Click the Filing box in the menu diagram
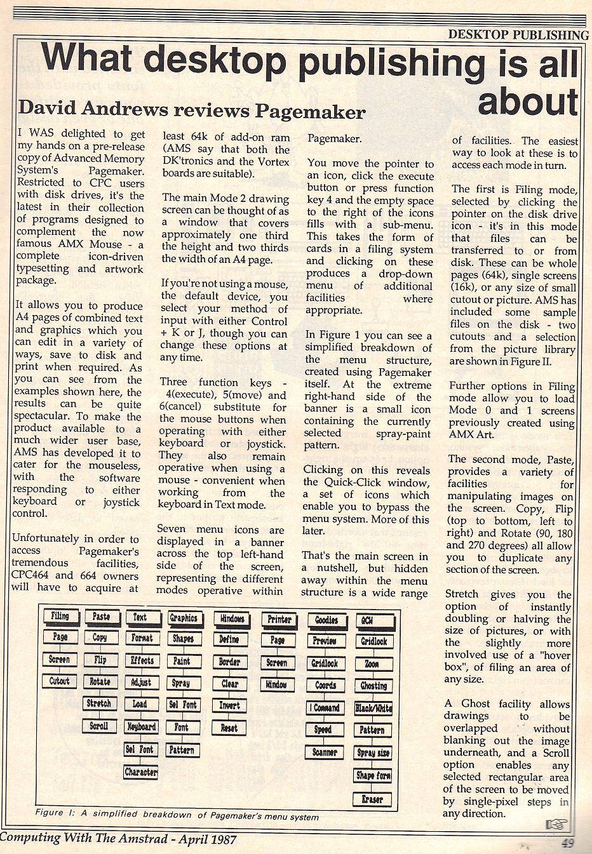point(60,616)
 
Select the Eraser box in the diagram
point(372,799)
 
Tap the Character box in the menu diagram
point(141,772)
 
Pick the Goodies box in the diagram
point(326,620)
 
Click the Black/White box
point(373,708)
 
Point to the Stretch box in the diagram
point(99,704)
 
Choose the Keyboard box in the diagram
point(141,727)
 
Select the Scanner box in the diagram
point(325,752)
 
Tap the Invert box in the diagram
point(229,705)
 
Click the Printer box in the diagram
point(279,619)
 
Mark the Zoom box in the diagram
point(372,664)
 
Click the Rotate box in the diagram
point(100,681)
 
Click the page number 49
point(567,843)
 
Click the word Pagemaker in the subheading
point(310,112)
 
